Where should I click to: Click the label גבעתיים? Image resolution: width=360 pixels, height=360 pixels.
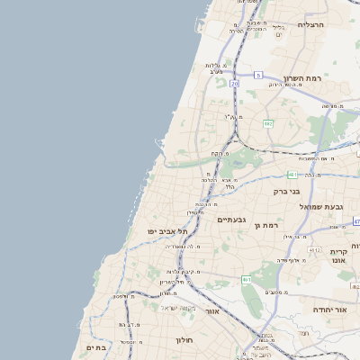[x=231, y=219]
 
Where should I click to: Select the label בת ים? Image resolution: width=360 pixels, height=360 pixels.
[x=96, y=346]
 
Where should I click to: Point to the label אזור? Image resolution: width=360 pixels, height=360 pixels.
[x=212, y=310]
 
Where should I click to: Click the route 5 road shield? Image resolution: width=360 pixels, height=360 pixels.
[x=257, y=75]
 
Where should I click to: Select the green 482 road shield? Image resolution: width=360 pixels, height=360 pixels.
[x=267, y=123]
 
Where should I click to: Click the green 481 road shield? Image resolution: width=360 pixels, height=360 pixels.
[x=292, y=174]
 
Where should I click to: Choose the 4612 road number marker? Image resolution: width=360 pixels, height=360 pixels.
[x=313, y=249]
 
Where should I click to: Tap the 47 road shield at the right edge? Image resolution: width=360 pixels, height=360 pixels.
[x=355, y=220]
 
